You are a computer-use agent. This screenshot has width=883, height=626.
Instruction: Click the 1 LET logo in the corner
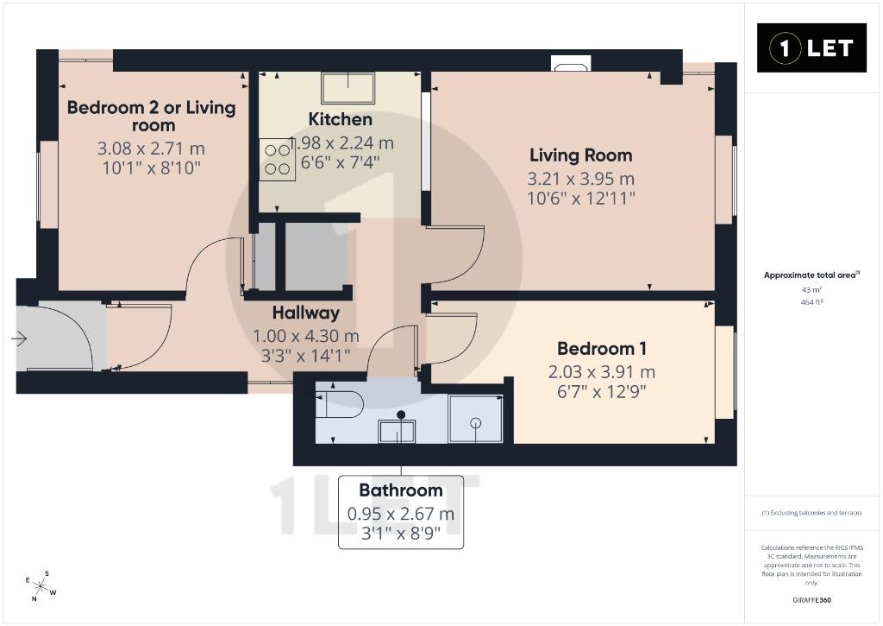click(811, 48)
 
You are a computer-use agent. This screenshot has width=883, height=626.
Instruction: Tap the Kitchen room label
click(340, 119)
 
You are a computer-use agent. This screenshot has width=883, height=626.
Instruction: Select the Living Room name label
click(580, 155)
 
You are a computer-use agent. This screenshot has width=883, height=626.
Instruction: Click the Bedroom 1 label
click(601, 349)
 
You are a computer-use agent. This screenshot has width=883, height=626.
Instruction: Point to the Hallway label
click(306, 313)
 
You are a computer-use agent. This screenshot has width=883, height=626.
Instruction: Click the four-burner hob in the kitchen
click(277, 160)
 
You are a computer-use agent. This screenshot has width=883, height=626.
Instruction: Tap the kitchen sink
click(348, 88)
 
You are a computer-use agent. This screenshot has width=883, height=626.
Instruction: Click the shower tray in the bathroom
click(476, 419)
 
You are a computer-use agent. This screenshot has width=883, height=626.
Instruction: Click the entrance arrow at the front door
click(19, 338)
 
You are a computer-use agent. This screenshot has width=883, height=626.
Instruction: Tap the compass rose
click(41, 586)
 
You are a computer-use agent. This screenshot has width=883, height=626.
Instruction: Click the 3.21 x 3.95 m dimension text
click(580, 179)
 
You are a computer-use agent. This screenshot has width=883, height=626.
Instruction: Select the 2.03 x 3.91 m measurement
click(601, 372)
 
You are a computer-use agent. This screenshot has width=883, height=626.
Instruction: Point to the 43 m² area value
click(811, 289)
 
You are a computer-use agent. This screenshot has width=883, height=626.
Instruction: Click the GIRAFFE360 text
click(811, 600)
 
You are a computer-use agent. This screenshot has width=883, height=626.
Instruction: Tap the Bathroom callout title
click(401, 490)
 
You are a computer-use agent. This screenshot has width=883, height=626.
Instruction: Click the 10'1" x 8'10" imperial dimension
click(152, 168)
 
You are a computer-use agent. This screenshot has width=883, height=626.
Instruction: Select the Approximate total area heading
click(811, 275)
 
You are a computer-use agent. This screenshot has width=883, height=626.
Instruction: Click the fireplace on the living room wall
click(571, 63)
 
